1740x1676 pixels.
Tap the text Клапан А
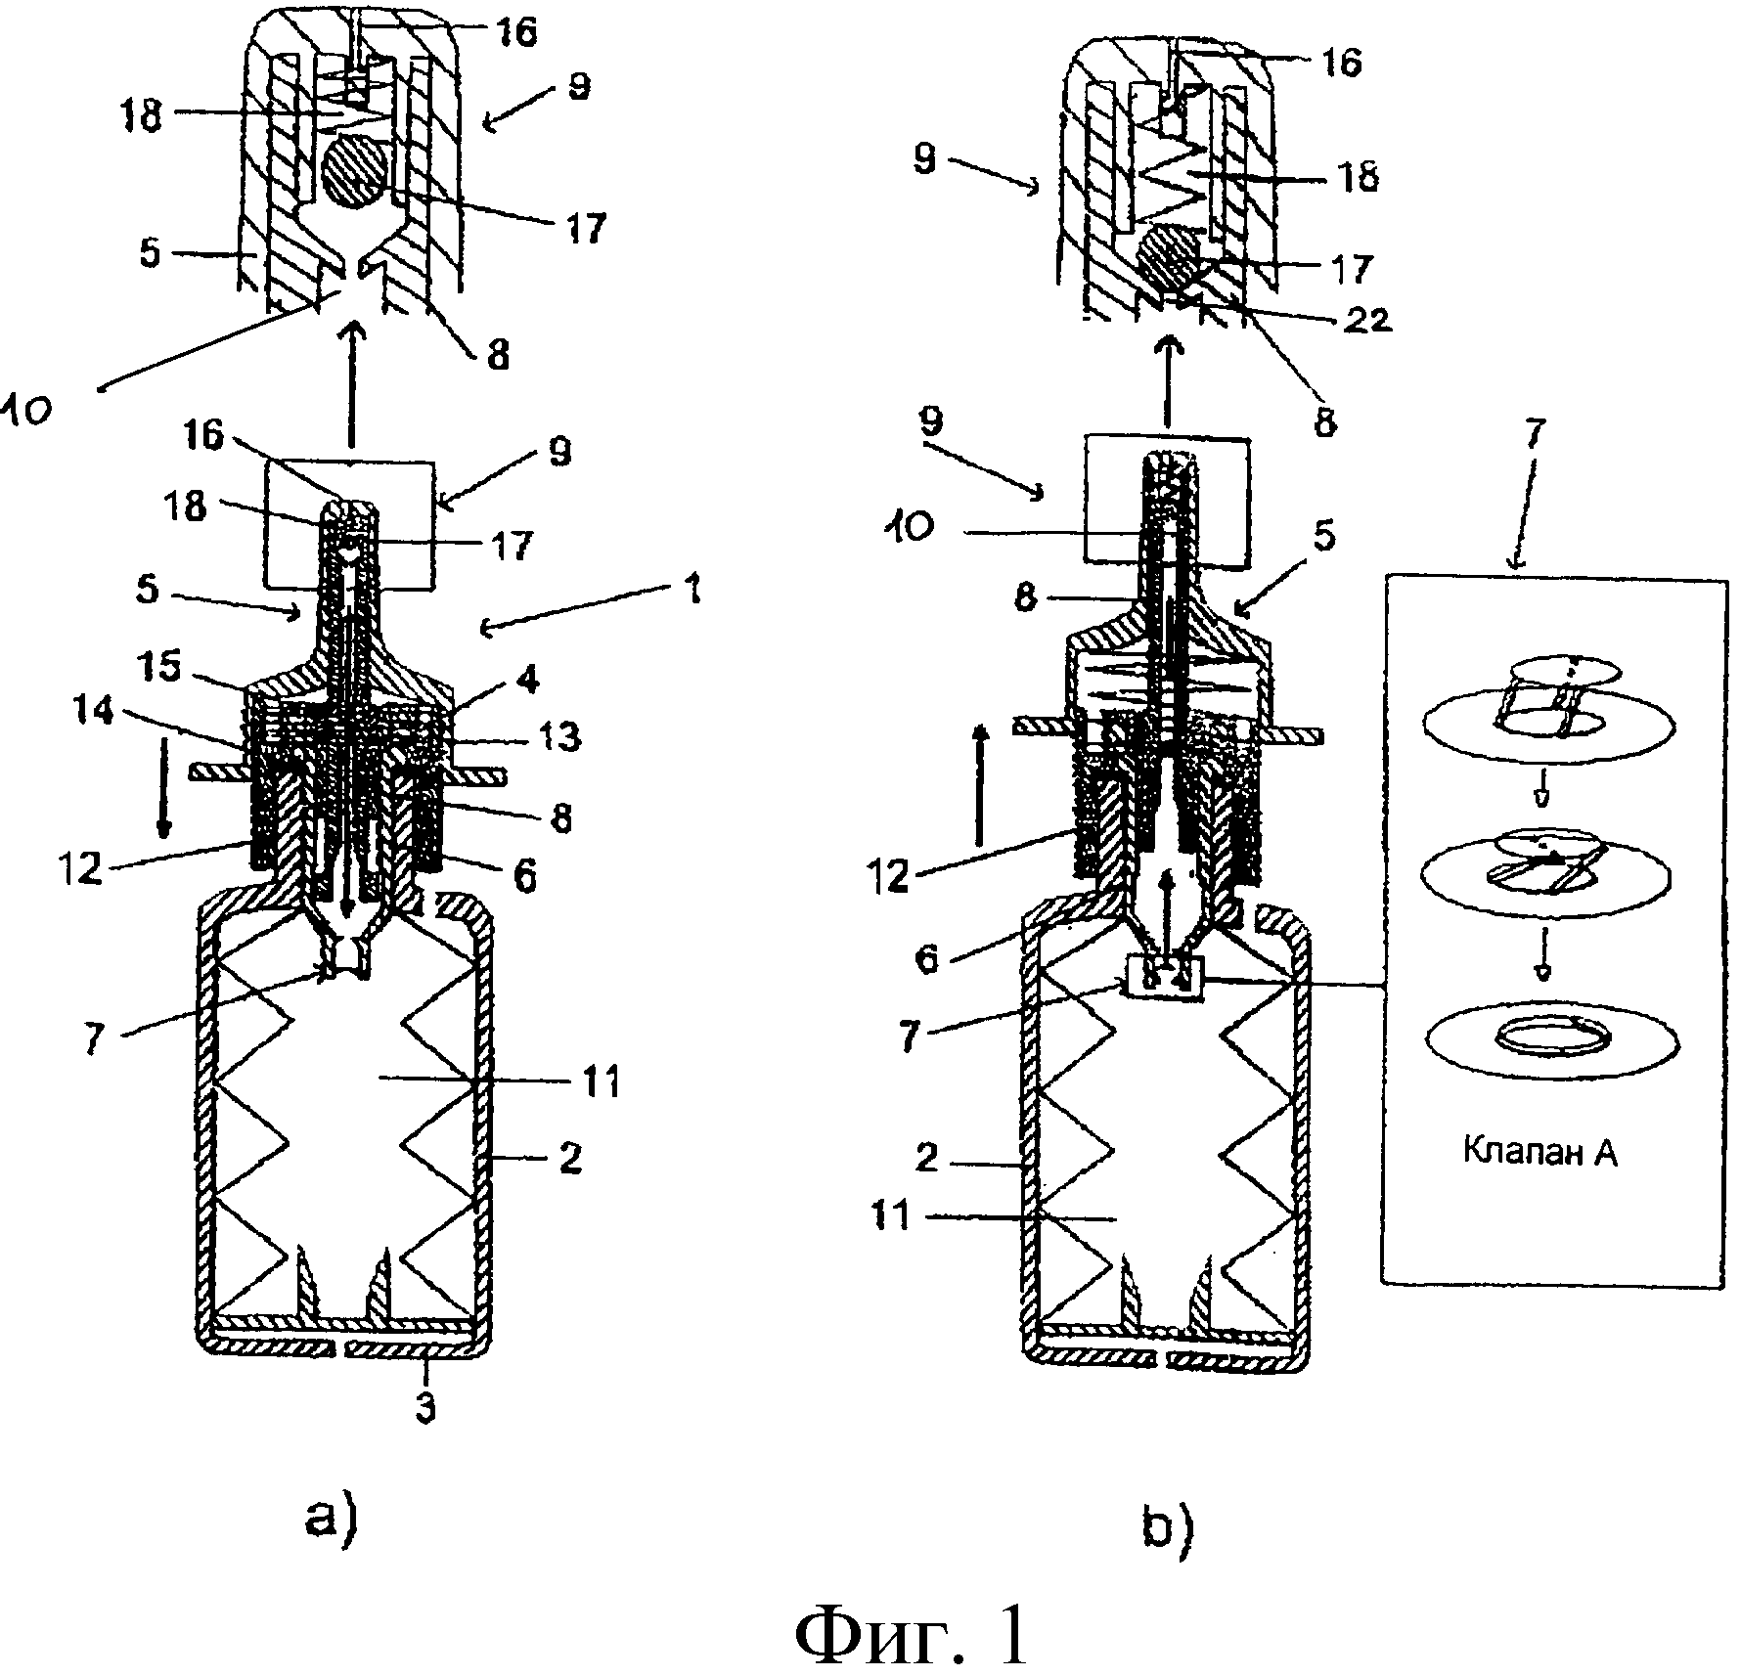pos(1540,1152)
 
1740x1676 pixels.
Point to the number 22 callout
pos(1365,319)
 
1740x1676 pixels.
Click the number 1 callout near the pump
pos(692,592)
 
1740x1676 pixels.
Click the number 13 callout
pos(558,735)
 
